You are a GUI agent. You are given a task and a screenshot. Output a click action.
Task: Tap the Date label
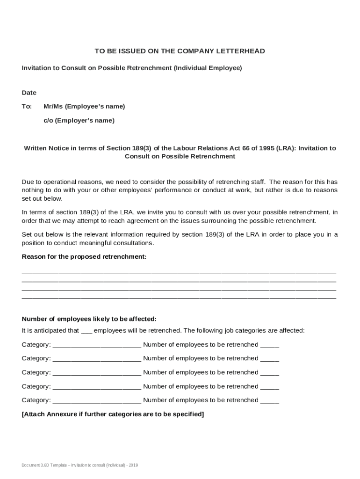pos(29,93)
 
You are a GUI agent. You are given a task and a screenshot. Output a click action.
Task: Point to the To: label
pos(27,106)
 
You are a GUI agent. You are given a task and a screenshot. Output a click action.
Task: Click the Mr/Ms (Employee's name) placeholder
pos(84,106)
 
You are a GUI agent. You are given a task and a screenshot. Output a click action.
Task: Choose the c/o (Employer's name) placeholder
pos(79,120)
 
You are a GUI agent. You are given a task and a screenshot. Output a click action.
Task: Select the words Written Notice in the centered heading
pos(46,148)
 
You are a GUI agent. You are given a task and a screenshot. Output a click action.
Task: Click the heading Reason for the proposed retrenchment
pos(84,257)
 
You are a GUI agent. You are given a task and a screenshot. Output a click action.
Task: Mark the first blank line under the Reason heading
pos(179,272)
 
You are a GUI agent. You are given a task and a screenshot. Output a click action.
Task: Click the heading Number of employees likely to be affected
pos(89,319)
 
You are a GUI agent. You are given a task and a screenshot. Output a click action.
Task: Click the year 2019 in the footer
pos(133,465)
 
